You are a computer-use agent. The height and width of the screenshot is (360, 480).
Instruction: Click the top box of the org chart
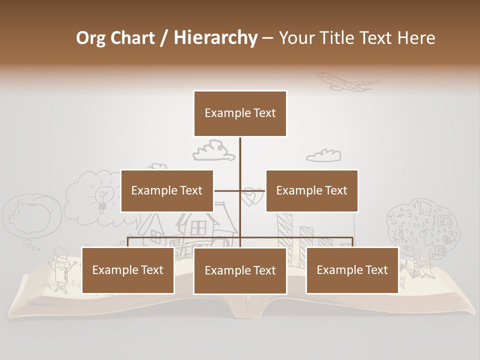coord(240,113)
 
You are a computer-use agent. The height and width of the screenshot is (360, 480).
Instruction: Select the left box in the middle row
coord(167,190)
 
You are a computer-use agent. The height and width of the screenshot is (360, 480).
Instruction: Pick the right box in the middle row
coord(311,190)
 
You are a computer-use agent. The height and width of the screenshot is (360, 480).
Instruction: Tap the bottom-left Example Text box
coord(128,270)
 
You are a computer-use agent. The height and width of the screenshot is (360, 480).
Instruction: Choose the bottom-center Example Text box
coord(240,270)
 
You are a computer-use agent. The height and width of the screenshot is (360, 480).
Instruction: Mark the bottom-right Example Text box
coord(352,270)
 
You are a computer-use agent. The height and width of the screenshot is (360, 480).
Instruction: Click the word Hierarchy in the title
coord(215,38)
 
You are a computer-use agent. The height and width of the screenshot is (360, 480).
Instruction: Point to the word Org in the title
coord(91,38)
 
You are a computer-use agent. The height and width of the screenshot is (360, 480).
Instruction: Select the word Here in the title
coord(416,38)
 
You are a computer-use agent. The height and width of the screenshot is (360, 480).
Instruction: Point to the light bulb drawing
coord(103,198)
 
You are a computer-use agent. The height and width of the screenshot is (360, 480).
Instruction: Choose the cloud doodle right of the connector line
coord(323,155)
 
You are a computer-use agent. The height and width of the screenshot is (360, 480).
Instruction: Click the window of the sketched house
coord(199,227)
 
